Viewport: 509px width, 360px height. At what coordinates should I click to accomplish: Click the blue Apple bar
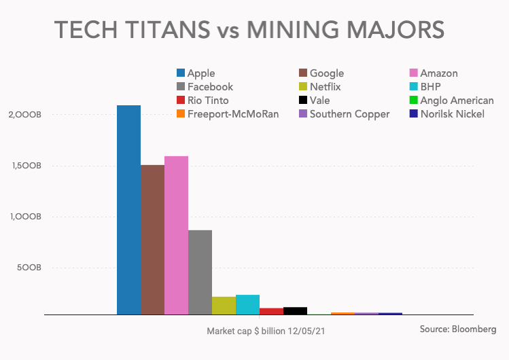(128, 210)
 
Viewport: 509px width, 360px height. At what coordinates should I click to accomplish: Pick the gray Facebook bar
(200, 272)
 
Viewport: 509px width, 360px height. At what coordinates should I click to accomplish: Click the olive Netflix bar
(224, 306)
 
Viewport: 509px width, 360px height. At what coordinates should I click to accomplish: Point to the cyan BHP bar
(247, 304)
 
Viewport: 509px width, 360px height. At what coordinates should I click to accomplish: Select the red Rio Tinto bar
(271, 311)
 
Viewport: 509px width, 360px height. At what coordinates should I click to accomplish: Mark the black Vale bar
(295, 311)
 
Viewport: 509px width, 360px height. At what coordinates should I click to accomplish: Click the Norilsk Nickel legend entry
(453, 114)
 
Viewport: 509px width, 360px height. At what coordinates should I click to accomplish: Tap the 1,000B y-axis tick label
(26, 217)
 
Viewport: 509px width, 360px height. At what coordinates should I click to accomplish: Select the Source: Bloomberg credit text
(458, 329)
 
